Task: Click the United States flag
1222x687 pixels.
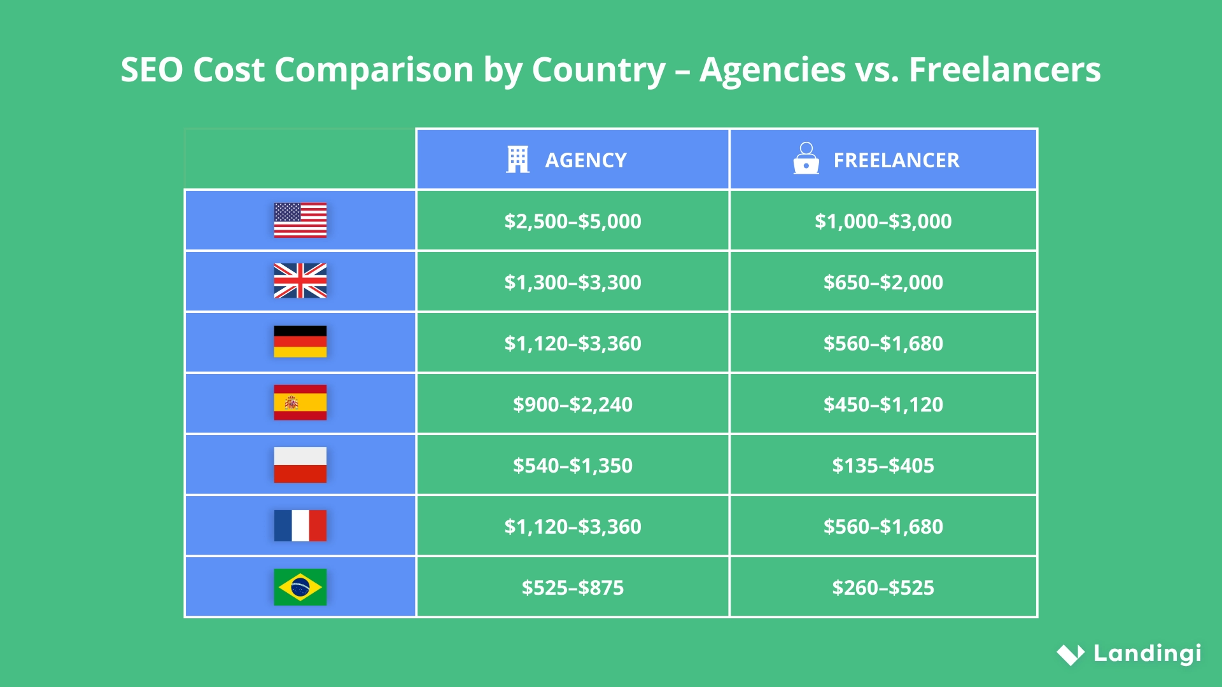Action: [300, 220]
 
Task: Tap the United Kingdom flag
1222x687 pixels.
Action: [300, 281]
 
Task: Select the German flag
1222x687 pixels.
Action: [300, 342]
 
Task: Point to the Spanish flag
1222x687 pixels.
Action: [300, 403]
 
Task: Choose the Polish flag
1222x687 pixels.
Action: [300, 464]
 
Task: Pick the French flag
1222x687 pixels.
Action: [300, 525]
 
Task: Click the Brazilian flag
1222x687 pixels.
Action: [300, 586]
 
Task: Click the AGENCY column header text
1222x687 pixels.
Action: [586, 160]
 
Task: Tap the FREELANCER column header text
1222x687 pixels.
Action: [896, 160]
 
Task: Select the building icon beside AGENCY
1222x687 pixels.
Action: [517, 160]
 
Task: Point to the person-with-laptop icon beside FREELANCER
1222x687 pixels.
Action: [806, 158]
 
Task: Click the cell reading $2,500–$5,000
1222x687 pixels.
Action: [572, 221]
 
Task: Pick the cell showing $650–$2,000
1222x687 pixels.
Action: [883, 282]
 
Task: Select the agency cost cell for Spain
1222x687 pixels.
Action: [572, 405]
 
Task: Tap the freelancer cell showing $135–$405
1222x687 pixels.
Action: [883, 466]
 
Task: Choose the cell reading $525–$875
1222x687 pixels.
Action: [572, 588]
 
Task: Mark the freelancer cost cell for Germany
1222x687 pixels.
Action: [883, 343]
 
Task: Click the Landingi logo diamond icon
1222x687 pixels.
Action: [1071, 654]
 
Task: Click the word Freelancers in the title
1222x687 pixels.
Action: [1004, 69]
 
